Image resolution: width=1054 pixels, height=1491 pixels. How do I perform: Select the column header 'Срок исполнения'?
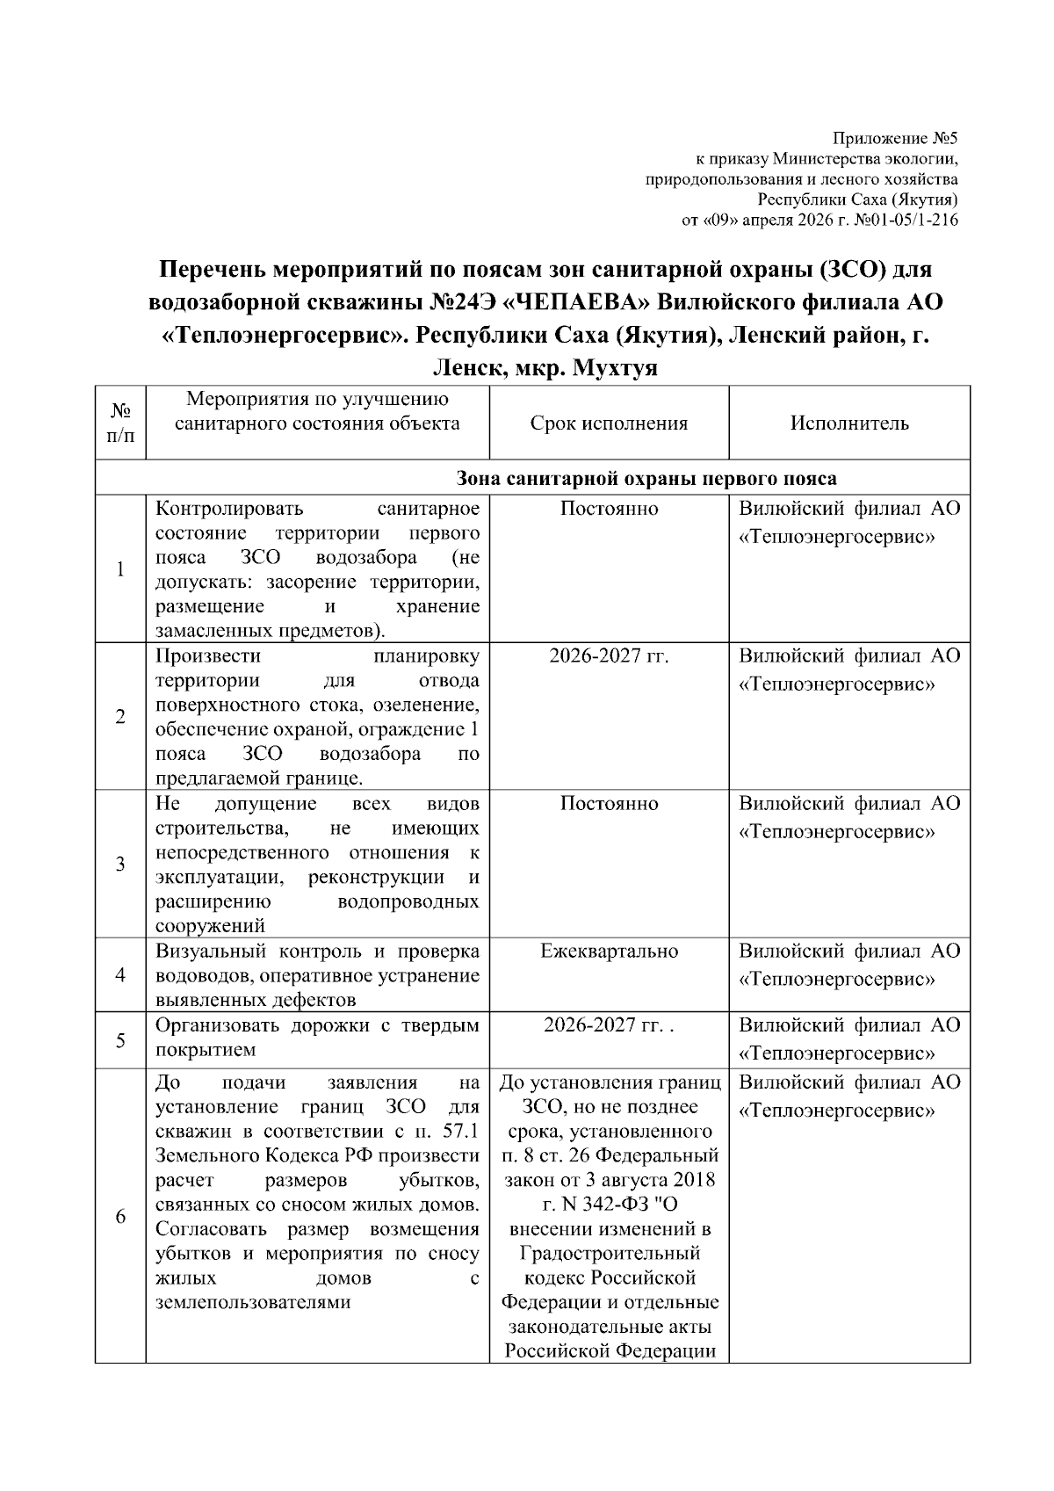[x=609, y=423]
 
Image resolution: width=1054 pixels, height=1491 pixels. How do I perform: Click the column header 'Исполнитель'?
[x=848, y=423]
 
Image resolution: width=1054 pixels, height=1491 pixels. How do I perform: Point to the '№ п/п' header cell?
[x=120, y=423]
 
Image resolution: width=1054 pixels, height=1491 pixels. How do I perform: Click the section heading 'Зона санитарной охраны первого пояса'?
[x=646, y=479]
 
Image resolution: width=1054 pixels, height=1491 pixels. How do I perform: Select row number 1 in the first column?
[x=120, y=569]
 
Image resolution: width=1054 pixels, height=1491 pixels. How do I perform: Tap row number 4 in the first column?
[x=120, y=975]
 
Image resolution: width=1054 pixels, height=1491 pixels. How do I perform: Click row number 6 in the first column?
[x=120, y=1217]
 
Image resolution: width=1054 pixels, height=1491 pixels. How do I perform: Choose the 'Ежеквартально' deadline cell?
[x=609, y=951]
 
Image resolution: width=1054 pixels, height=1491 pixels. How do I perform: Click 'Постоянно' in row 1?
[x=609, y=509]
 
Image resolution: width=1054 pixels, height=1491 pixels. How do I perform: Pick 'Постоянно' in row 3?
[x=609, y=804]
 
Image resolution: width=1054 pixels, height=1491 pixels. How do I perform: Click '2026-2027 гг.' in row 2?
[x=609, y=656]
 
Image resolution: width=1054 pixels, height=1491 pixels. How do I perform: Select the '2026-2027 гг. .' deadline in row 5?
[x=609, y=1025]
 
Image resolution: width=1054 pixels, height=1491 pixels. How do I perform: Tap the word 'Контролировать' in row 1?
[x=228, y=509]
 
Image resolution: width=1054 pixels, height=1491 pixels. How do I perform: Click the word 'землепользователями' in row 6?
[x=253, y=1302]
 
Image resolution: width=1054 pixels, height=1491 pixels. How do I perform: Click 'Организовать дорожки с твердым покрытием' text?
[x=317, y=1038]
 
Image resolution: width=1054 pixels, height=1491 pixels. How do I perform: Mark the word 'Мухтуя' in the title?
[x=615, y=368]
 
